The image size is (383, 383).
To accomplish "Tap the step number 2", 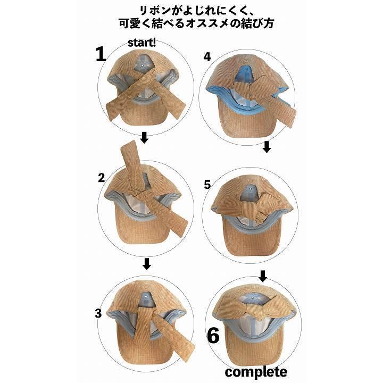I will click(101, 178).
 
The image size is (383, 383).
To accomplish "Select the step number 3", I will click(98, 313).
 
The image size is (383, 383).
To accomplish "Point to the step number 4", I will click(207, 57).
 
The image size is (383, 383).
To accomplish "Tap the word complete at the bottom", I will click(255, 371).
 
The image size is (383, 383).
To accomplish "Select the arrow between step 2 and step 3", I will click(147, 263).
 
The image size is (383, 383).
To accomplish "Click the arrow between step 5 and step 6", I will click(263, 276).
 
